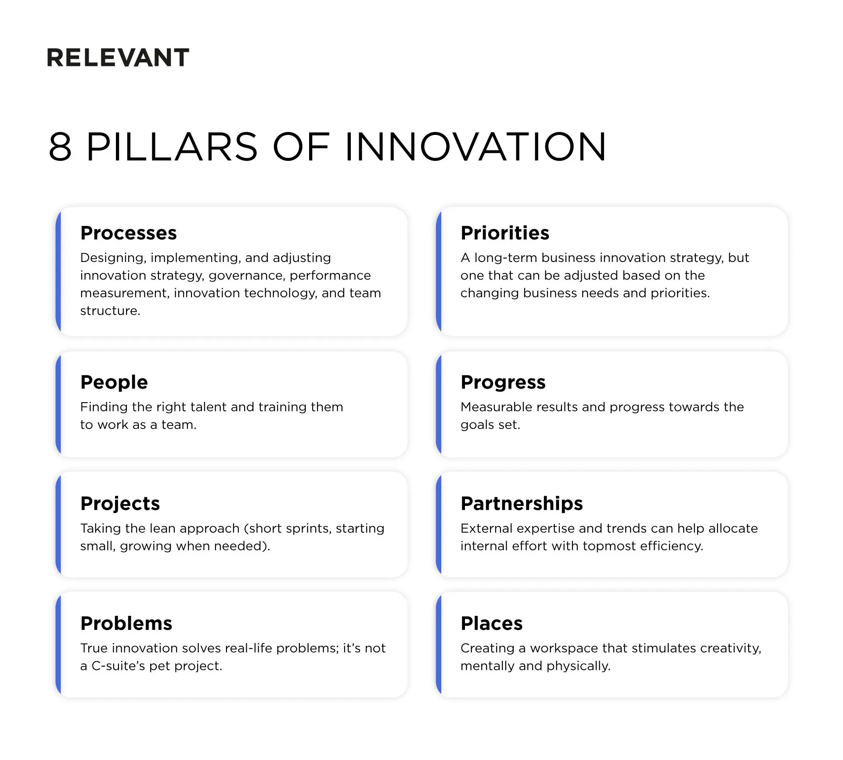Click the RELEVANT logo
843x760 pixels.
(x=118, y=58)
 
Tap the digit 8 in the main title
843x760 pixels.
(x=60, y=147)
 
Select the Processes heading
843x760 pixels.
(x=128, y=233)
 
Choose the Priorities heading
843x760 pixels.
(x=504, y=233)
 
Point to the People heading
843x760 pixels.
(x=114, y=382)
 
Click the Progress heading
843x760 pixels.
(x=503, y=382)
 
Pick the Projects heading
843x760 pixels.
(x=120, y=503)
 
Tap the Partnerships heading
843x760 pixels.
(x=522, y=503)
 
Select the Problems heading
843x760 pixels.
(x=126, y=623)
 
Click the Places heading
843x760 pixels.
(x=491, y=623)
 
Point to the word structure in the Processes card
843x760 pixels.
(x=110, y=311)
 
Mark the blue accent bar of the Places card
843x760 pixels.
(x=439, y=644)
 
